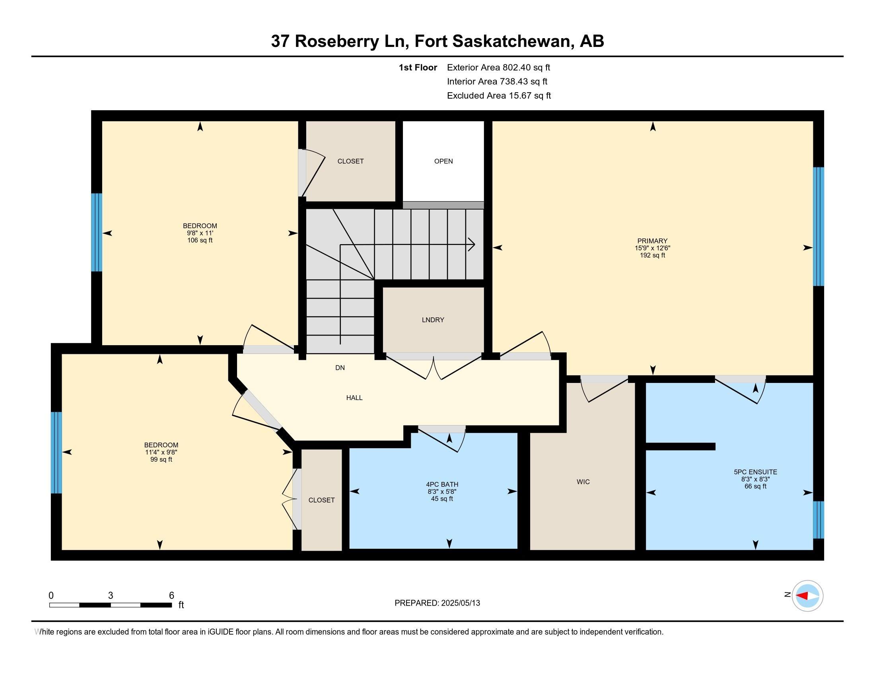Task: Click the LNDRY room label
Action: click(433, 320)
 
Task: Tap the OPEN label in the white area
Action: click(443, 161)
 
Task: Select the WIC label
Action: click(583, 482)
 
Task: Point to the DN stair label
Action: click(340, 368)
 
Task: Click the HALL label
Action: click(354, 398)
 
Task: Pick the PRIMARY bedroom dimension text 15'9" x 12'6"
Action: click(652, 248)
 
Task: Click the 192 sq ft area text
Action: click(652, 255)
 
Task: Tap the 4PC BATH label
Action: click(442, 485)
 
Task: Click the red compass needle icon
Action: click(803, 596)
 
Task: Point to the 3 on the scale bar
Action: click(110, 596)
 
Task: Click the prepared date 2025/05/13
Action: click(460, 603)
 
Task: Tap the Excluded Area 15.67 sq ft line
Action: click(499, 96)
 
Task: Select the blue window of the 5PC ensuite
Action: click(818, 519)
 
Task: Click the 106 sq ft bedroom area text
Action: click(200, 240)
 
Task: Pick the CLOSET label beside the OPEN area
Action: click(350, 161)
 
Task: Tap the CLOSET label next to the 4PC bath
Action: click(321, 500)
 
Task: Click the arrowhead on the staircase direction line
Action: click(472, 244)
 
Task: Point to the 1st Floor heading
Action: click(418, 68)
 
